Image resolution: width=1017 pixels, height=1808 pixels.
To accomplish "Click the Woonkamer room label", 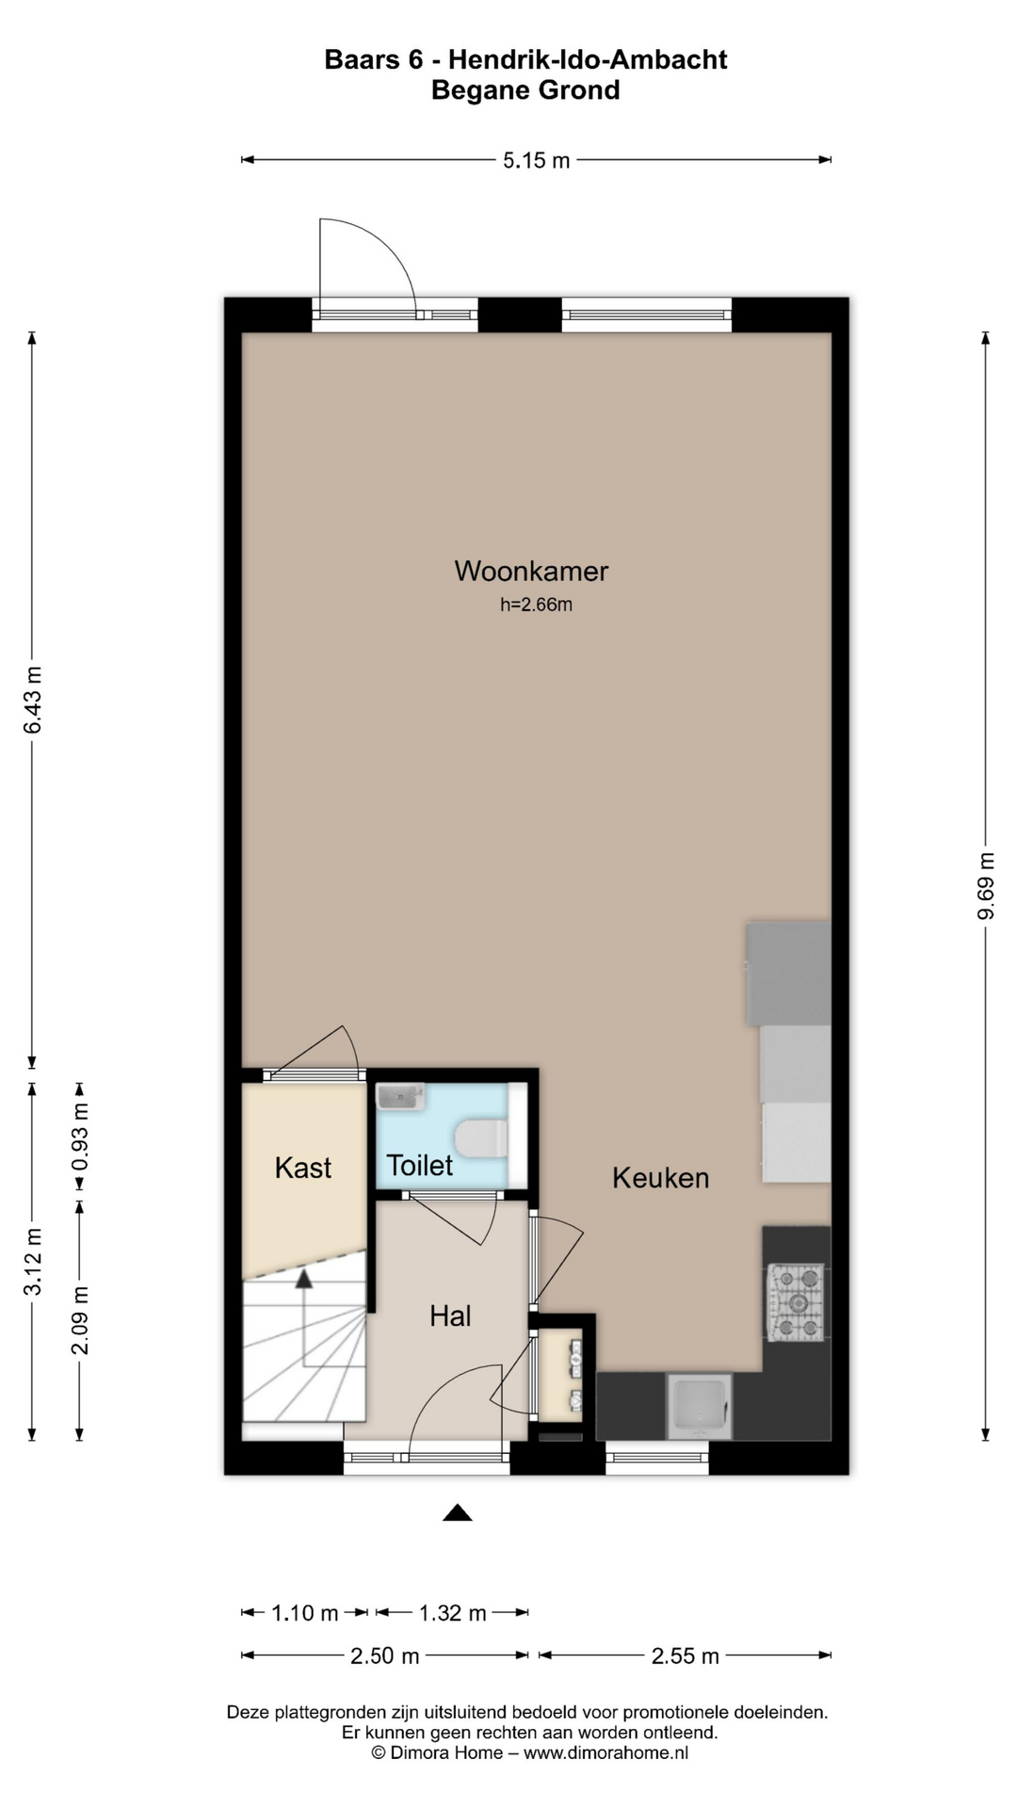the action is [531, 571].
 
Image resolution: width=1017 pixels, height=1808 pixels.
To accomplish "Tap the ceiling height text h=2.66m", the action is [536, 605].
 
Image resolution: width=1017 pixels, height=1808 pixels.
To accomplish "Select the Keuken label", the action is [660, 1177].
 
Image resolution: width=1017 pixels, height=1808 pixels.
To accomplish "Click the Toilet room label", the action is [420, 1166].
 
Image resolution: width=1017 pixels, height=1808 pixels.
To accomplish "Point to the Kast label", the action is [303, 1168].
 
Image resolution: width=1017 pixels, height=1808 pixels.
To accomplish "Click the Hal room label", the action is [450, 1316].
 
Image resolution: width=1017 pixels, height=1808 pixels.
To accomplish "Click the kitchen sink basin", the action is [699, 1407].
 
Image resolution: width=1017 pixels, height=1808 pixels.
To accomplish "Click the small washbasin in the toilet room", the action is [400, 1097].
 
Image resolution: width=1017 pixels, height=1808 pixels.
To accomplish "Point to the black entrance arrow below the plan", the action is [458, 1512].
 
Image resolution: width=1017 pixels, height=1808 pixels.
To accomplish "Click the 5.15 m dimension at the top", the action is [536, 161].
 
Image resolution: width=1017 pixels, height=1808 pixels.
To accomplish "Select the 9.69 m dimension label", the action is [986, 886].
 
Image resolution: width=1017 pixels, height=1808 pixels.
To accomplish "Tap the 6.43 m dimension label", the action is [32, 700].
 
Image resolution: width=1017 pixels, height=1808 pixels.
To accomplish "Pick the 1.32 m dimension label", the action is [453, 1613].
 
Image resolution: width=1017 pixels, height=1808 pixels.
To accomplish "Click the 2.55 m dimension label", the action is [686, 1656].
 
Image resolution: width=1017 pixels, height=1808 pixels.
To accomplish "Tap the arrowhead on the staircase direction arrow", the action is [303, 1279].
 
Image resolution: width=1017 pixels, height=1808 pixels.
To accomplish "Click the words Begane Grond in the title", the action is [525, 90].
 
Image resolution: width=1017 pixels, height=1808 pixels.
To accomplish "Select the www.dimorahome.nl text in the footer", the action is [606, 1752].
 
